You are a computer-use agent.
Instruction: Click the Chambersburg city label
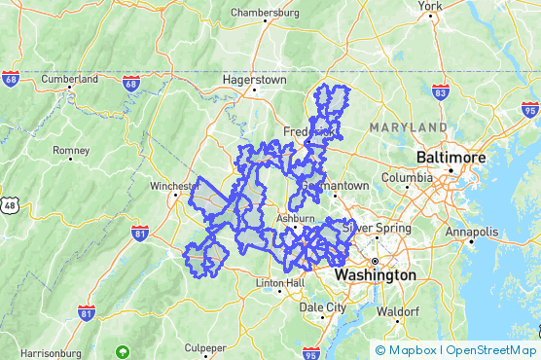(x=266, y=14)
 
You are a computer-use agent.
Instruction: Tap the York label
(x=430, y=6)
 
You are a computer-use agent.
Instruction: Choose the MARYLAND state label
(x=408, y=127)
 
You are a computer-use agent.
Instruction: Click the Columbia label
(x=407, y=178)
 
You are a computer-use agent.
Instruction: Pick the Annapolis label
(x=471, y=233)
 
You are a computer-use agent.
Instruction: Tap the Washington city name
(x=376, y=275)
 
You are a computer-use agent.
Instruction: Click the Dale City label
(x=322, y=306)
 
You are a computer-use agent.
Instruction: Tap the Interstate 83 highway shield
(x=440, y=90)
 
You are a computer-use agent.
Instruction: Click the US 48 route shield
(x=9, y=205)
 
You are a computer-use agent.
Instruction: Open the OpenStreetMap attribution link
(x=488, y=350)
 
